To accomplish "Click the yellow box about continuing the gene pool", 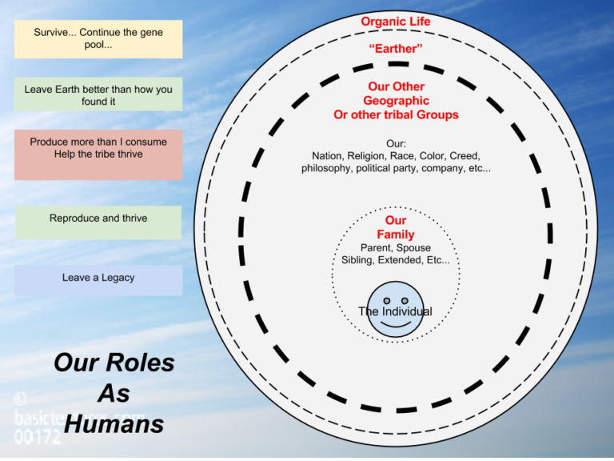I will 98,38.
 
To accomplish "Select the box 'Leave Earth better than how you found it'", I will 98,95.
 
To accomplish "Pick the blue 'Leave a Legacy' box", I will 98,279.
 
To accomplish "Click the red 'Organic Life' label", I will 396,22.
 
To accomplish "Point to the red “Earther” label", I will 396,49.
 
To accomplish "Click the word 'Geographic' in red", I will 396,101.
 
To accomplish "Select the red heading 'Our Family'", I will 396,227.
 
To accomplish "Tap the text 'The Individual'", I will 396,311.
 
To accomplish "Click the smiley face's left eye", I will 386,301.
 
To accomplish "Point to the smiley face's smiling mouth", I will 396,326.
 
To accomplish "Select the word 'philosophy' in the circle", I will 328,169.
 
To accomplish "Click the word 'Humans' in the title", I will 114,423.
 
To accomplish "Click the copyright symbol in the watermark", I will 21,398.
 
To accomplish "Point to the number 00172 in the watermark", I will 37,437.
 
